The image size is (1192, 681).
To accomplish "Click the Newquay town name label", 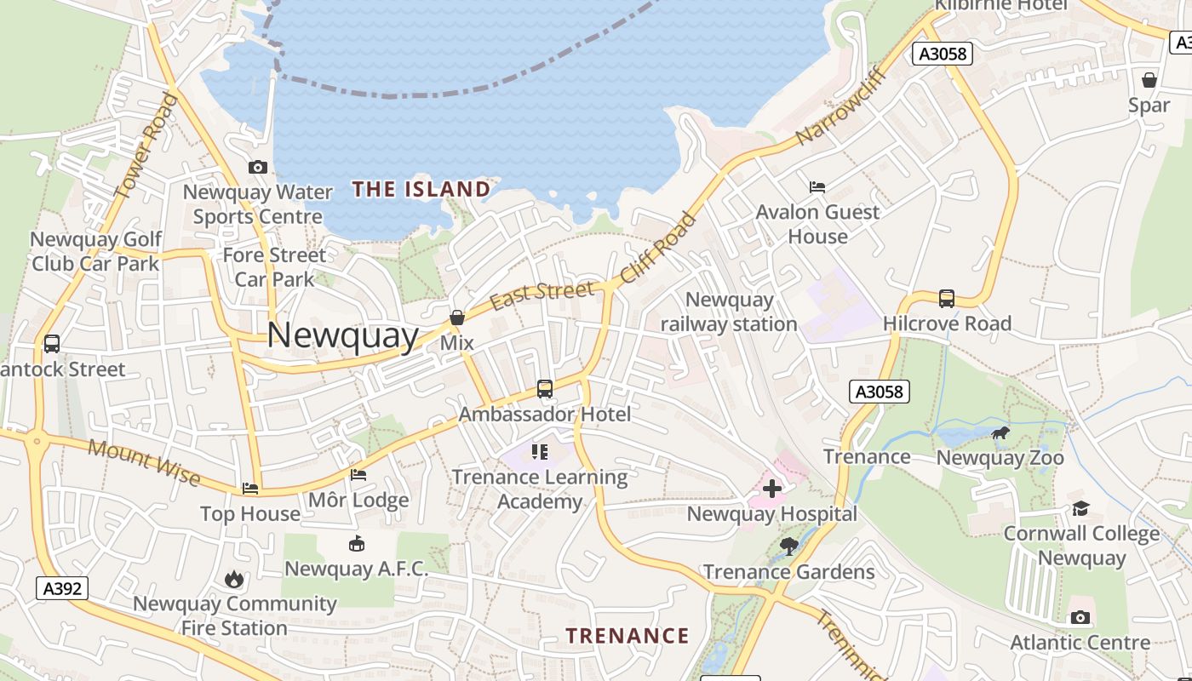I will pyautogui.click(x=342, y=335).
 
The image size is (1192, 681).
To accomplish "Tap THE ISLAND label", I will pyautogui.click(x=421, y=189).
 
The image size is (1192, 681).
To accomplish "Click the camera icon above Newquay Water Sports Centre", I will pyautogui.click(x=258, y=167).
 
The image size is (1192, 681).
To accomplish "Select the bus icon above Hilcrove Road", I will pyautogui.click(x=947, y=299).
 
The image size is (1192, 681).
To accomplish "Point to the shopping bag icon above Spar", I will pyautogui.click(x=1149, y=80).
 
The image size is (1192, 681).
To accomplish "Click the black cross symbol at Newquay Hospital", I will pyautogui.click(x=772, y=489).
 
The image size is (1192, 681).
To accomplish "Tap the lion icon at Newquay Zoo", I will pyautogui.click(x=1000, y=433).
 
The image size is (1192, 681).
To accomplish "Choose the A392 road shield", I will pyautogui.click(x=63, y=587).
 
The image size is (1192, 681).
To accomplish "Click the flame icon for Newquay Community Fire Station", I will pyautogui.click(x=234, y=580).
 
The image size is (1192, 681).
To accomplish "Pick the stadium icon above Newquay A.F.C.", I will pyautogui.click(x=357, y=544).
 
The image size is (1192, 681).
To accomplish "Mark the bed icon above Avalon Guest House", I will pyautogui.click(x=817, y=186).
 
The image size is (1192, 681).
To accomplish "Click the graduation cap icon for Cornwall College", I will pyautogui.click(x=1080, y=509).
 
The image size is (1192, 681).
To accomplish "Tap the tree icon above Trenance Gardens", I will pyautogui.click(x=789, y=547).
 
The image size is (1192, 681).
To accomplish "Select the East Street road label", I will pyautogui.click(x=542, y=295).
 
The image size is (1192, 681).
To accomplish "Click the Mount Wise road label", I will pyautogui.click(x=145, y=462).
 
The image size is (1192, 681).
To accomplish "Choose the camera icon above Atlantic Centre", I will pyautogui.click(x=1080, y=617).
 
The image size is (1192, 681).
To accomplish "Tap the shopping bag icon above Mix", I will pyautogui.click(x=457, y=318).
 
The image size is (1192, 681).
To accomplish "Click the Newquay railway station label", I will pyautogui.click(x=729, y=312).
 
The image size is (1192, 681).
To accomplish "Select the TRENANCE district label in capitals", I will pyautogui.click(x=628, y=636).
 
